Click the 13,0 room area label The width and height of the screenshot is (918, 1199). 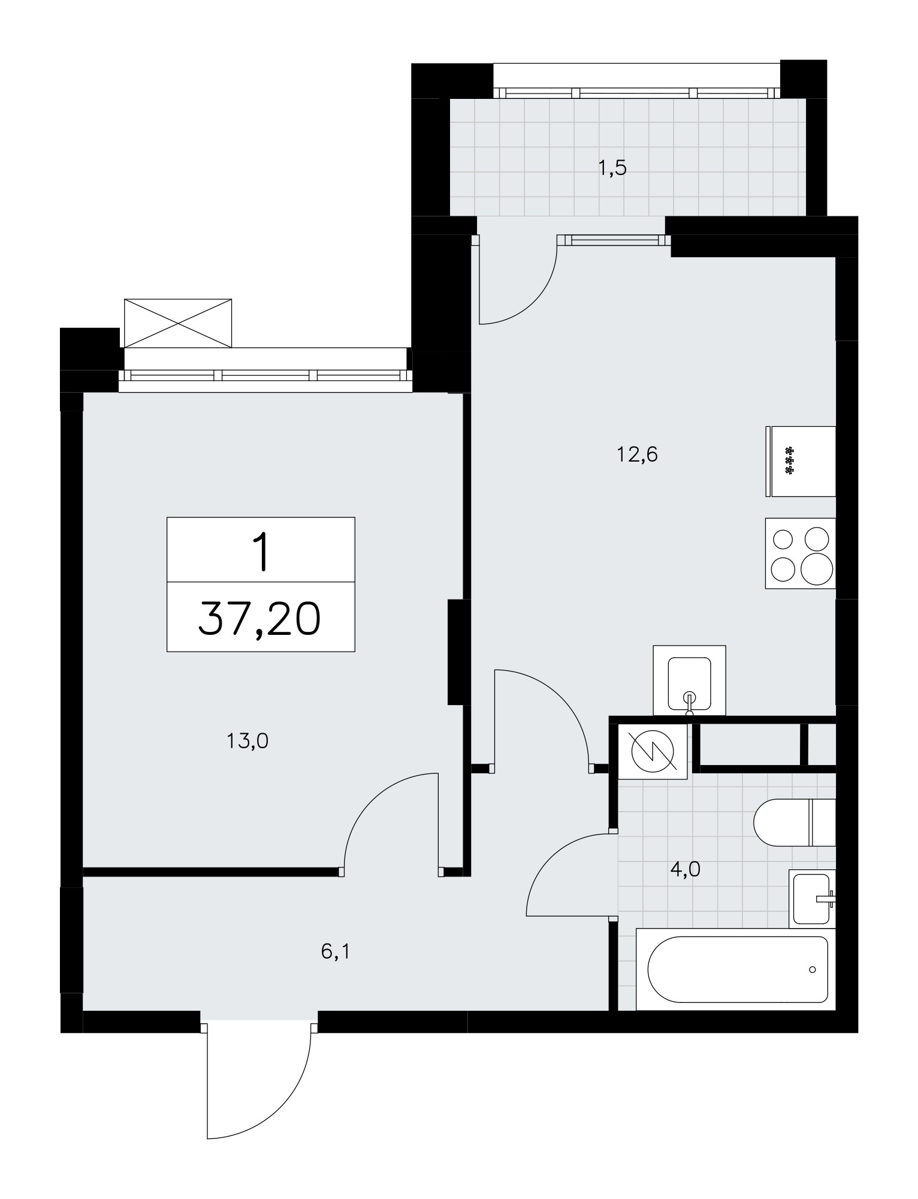[247, 742]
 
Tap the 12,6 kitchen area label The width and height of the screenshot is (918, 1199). [637, 455]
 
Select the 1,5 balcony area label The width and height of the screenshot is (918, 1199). [612, 168]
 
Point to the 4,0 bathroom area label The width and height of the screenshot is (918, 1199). [686, 869]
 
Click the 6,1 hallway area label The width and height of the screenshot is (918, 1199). [335, 951]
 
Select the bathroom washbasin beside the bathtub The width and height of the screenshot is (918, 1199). [812, 898]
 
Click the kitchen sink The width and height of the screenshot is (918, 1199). [689, 680]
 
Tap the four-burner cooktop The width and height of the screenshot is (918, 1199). [801, 553]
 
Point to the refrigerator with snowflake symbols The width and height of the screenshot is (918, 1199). [801, 462]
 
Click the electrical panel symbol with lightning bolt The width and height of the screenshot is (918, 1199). [653, 752]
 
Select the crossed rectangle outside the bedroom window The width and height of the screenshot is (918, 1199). [177, 323]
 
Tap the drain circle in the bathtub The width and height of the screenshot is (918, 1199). [813, 969]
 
